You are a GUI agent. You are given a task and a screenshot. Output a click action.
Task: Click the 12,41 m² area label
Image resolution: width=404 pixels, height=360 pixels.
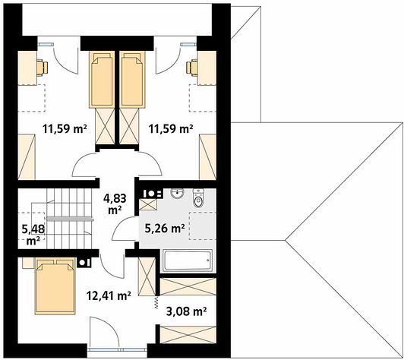109,296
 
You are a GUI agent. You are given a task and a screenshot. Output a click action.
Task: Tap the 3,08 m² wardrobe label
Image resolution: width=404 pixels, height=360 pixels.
186,311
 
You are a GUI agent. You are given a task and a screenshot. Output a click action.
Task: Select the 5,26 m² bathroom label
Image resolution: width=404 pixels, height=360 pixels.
165,228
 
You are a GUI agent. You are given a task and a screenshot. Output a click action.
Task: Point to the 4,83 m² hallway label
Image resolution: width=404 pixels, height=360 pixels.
115,204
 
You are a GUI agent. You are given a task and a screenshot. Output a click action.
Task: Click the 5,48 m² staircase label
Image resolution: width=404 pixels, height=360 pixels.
33,235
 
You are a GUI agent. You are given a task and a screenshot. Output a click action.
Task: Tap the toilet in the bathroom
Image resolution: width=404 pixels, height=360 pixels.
198,198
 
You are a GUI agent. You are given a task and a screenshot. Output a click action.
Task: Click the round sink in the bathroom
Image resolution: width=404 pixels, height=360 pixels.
177,194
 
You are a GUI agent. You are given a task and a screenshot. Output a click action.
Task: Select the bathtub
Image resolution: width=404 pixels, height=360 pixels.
188,261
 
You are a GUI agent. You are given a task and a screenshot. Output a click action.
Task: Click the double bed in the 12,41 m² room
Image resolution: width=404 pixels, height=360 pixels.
55,287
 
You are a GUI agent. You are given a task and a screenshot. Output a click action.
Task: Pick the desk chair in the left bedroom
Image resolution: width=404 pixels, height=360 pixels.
42,68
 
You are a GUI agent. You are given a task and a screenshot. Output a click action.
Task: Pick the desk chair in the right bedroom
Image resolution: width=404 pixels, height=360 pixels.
192,68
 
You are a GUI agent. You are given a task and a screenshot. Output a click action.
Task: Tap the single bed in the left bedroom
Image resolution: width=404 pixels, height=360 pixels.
102,80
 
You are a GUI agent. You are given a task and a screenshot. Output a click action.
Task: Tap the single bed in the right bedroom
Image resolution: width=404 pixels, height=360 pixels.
132,80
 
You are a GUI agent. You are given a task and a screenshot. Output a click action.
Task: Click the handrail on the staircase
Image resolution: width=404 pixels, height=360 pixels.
69,219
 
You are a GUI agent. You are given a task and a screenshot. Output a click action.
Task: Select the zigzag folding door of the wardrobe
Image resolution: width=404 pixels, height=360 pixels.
156,302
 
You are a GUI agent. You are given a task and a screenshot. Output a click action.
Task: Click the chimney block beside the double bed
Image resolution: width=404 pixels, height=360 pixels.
84,262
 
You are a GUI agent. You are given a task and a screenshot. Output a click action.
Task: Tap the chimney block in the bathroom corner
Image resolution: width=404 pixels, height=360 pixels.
151,194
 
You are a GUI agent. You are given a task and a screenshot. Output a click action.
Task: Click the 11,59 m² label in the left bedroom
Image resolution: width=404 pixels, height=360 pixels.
65,128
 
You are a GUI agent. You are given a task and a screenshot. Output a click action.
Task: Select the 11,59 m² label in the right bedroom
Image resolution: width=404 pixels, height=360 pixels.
171,128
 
